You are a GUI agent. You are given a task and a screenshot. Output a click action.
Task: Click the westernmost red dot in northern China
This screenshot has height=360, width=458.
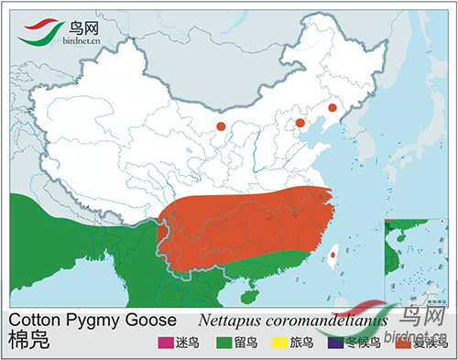(220, 126)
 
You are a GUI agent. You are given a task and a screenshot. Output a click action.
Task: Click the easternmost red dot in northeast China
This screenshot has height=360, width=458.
(333, 108)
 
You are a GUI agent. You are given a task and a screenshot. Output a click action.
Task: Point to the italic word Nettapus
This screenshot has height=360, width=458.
(233, 321)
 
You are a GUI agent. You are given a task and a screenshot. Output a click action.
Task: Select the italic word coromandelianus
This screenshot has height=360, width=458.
(330, 321)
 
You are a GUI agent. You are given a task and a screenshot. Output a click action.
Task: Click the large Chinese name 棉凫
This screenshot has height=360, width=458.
(26, 342)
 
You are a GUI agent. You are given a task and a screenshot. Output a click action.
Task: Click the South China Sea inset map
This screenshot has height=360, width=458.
(419, 262)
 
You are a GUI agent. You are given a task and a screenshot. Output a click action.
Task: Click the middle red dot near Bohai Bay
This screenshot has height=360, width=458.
(300, 122)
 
